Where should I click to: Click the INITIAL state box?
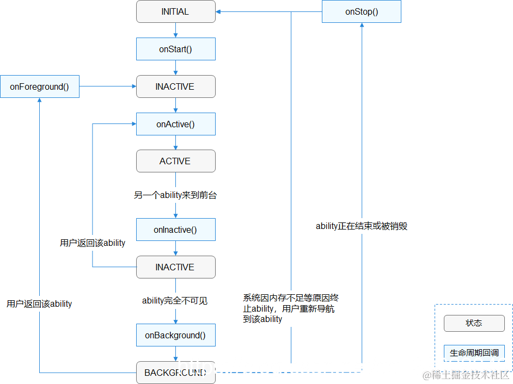tap(175, 11)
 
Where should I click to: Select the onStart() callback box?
tap(175, 49)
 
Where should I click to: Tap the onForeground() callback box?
tap(39, 86)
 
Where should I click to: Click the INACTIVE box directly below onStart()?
tap(175, 86)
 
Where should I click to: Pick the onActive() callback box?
tap(175, 124)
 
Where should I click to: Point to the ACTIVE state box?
tap(175, 161)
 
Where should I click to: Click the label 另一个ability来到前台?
tap(175, 195)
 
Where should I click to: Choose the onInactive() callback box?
tap(175, 230)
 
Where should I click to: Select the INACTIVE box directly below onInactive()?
tap(175, 267)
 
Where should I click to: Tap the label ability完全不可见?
tap(175, 300)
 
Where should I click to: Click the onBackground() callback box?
tap(175, 335)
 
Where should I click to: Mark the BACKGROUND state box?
tap(175, 373)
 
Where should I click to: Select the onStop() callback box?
tap(362, 11)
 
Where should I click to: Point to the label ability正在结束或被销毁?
tap(362, 226)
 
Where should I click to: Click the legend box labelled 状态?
tap(474, 323)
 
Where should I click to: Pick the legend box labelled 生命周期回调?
tap(474, 352)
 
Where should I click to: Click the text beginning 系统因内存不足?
tap(291, 308)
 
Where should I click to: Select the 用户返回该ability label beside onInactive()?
tap(93, 243)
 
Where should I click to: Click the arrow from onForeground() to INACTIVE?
tap(108, 86)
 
